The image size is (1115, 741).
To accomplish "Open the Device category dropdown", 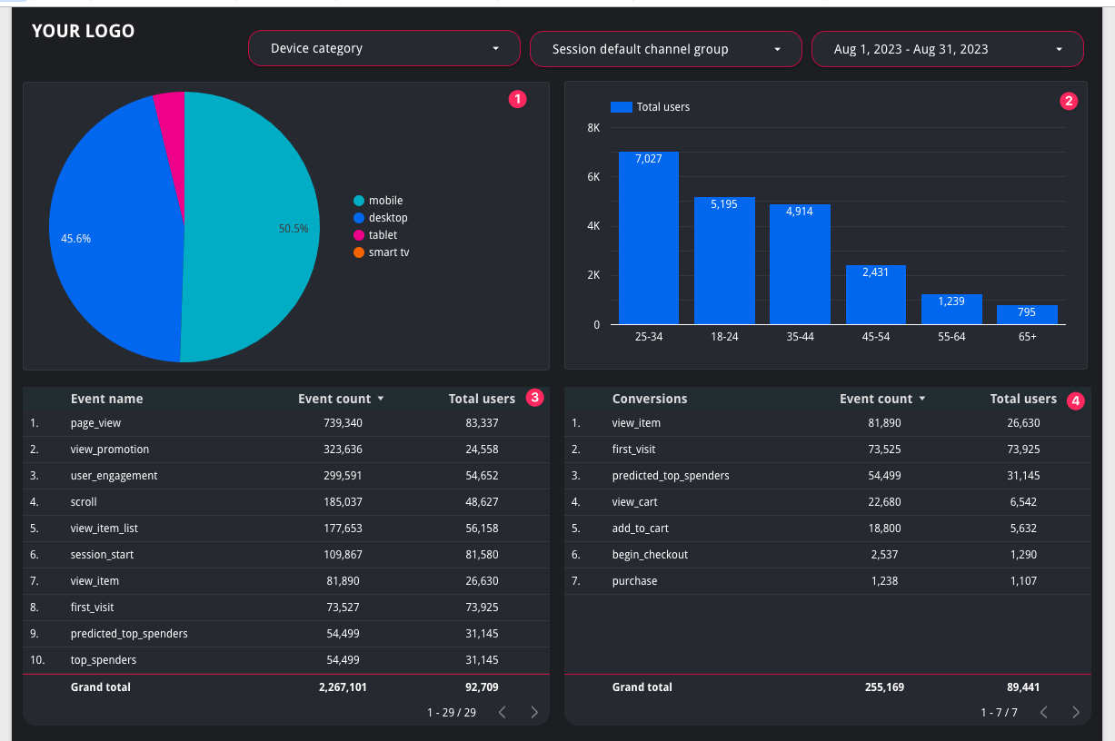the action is click(384, 48).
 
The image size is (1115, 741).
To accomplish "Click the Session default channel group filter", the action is click(665, 49).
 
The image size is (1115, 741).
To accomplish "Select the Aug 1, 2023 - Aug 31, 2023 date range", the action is click(947, 49).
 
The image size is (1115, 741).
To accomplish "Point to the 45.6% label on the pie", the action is click(75, 239).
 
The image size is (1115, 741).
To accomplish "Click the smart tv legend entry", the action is click(382, 252).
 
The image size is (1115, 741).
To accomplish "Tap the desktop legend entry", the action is click(380, 218).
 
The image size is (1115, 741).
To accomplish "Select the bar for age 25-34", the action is click(649, 238).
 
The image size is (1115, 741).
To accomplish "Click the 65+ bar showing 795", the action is click(1027, 314).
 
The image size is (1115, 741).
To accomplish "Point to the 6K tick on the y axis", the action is click(593, 177).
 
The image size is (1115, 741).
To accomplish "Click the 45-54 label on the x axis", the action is click(876, 337).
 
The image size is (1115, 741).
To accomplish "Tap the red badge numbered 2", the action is click(1069, 101).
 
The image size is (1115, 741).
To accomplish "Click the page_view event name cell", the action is click(95, 423).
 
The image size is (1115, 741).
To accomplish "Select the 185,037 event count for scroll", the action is click(343, 502).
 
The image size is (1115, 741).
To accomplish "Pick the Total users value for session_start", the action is click(482, 555).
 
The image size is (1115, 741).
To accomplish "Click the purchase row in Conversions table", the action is click(634, 581).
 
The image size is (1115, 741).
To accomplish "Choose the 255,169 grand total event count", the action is click(884, 687).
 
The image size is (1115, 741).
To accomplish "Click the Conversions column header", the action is click(650, 399).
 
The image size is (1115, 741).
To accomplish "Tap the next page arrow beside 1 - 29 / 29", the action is click(534, 712).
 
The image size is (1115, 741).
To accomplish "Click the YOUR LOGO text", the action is click(83, 31).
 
